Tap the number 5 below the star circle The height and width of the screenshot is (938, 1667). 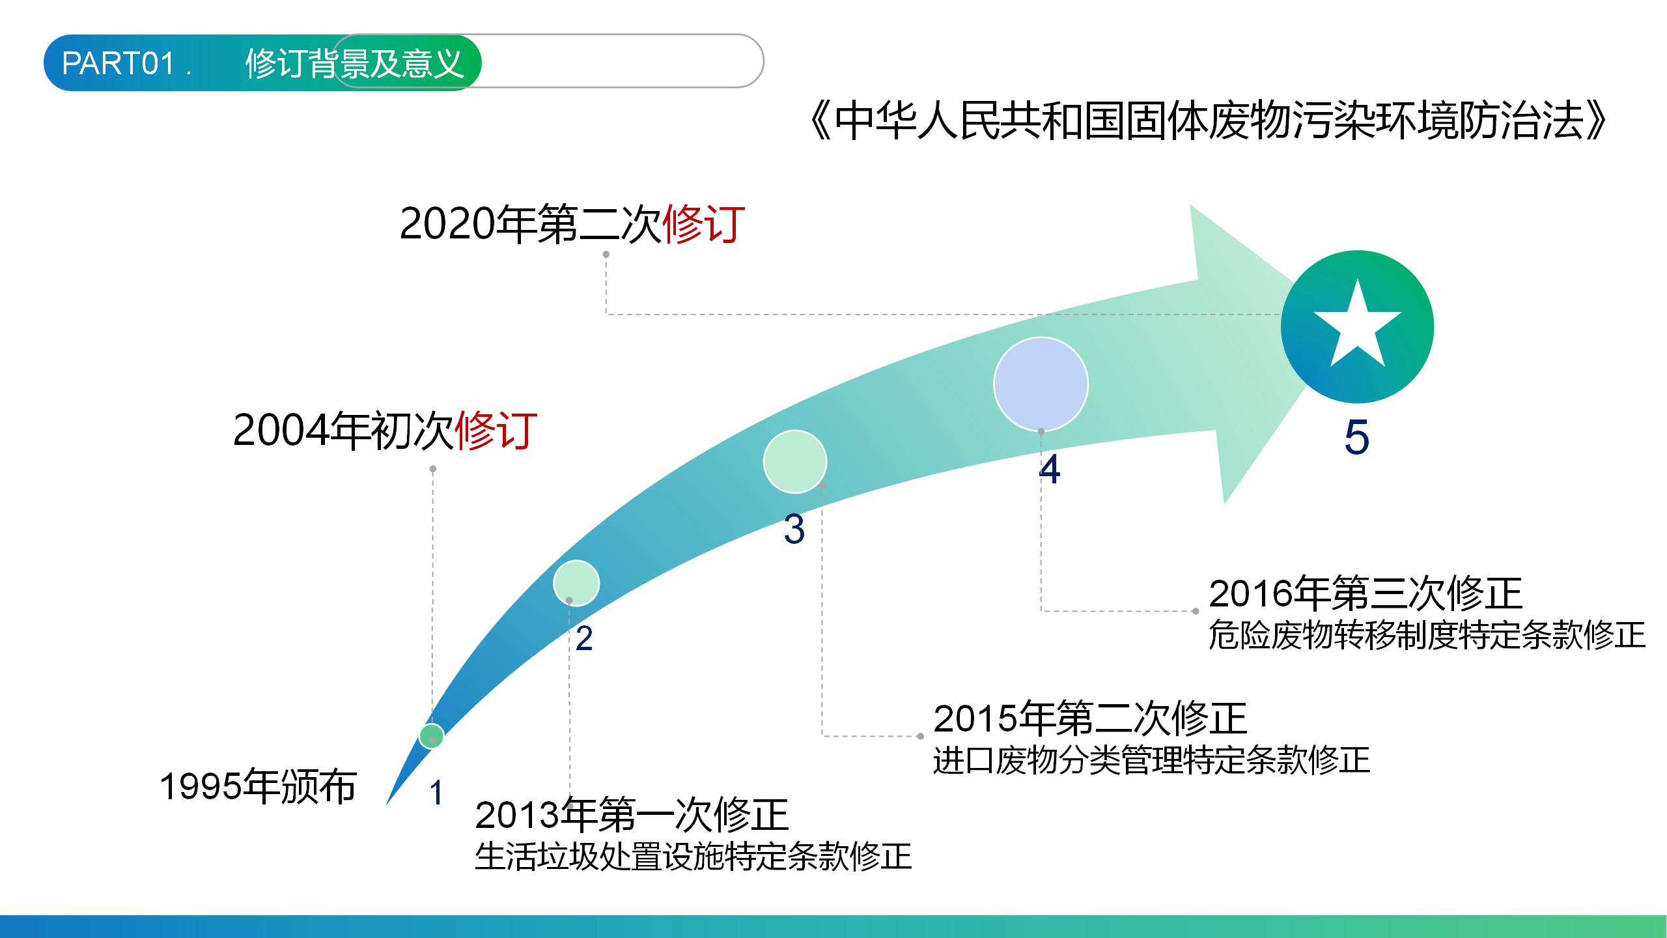(x=1357, y=437)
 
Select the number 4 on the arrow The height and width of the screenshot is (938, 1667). (x=1050, y=469)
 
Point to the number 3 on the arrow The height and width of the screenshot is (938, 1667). (x=794, y=529)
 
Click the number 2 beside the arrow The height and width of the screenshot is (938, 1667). (x=584, y=638)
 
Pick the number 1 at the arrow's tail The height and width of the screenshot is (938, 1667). (x=436, y=793)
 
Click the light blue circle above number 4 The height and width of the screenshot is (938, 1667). (x=1041, y=384)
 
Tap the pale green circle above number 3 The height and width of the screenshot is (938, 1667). (x=795, y=462)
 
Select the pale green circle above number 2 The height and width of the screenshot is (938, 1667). (x=576, y=583)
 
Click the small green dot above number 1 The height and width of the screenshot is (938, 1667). (x=432, y=736)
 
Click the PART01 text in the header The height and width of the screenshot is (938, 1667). (x=119, y=63)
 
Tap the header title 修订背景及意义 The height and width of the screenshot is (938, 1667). (x=354, y=63)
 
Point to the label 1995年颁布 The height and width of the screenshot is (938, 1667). (x=259, y=786)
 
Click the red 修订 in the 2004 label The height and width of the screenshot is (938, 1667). (x=496, y=430)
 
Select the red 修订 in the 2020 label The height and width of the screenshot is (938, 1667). (x=703, y=223)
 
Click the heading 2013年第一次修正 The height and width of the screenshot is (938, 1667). (x=632, y=815)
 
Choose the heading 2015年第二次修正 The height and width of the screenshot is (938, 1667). (x=1090, y=718)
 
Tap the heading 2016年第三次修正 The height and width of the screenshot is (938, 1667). (x=1366, y=593)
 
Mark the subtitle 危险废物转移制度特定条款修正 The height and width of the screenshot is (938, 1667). (x=1427, y=635)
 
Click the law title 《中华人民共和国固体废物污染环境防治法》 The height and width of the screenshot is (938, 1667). (x=1208, y=121)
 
